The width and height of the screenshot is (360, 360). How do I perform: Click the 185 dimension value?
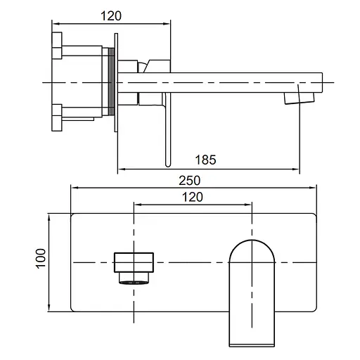(x=205, y=160)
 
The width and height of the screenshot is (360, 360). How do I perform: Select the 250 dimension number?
(x=189, y=181)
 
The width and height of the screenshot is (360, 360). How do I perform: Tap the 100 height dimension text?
(x=40, y=259)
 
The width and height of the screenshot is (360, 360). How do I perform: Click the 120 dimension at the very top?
(x=111, y=16)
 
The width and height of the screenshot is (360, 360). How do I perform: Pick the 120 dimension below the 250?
(x=193, y=197)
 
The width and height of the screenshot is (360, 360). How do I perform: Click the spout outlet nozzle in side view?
(x=300, y=98)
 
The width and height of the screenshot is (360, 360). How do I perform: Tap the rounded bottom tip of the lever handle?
(x=168, y=165)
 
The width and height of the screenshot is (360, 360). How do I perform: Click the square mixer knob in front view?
(x=134, y=262)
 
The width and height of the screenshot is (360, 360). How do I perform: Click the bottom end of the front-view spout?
(x=252, y=345)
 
